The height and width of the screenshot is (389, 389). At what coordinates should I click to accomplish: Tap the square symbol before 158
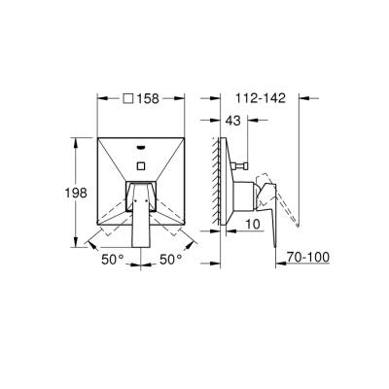pos(129,97)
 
